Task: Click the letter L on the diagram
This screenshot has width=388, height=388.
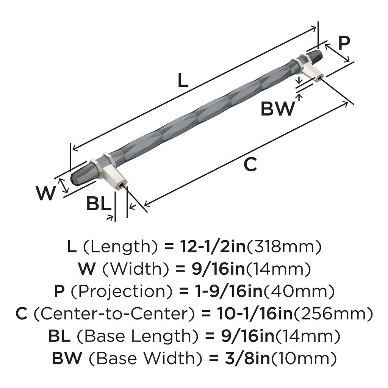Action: pos(183,80)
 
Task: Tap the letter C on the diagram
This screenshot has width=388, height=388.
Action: pos(250,165)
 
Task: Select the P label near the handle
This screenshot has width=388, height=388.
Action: pos(344,43)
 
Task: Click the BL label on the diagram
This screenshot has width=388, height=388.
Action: pos(99,204)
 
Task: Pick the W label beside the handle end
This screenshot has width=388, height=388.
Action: pos(46,194)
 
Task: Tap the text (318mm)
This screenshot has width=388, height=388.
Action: pos(284,247)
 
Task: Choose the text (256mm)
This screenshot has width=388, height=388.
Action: pos(333,314)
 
